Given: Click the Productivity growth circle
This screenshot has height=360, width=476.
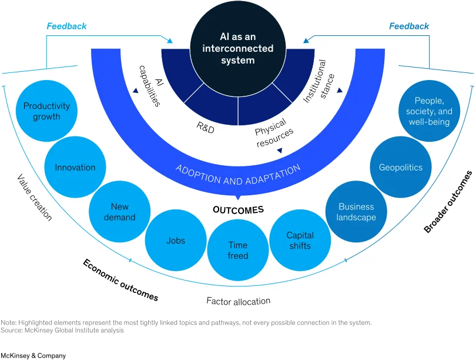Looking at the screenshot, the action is pyautogui.click(x=46, y=111).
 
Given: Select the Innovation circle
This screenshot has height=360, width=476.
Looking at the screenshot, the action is pyautogui.click(x=75, y=167).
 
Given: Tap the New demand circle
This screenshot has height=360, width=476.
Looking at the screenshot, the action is pyautogui.click(x=120, y=212).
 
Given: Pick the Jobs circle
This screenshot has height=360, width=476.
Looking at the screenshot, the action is pyautogui.click(x=176, y=241).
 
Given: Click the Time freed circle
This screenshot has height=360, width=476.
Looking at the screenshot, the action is pyautogui.click(x=238, y=251).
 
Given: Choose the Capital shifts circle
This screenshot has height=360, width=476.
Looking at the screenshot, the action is pyautogui.click(x=300, y=241).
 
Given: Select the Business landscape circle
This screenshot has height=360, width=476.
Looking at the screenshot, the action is pyautogui.click(x=356, y=212).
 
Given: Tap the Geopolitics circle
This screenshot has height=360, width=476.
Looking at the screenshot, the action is pyautogui.click(x=401, y=167).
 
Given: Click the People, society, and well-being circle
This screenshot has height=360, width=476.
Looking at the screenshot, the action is pyautogui.click(x=429, y=111).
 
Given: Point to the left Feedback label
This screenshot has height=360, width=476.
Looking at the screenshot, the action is pyautogui.click(x=66, y=26).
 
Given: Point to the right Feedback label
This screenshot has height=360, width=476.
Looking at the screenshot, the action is pyautogui.click(x=409, y=26).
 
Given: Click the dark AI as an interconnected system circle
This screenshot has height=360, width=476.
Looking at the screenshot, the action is pyautogui.click(x=238, y=49).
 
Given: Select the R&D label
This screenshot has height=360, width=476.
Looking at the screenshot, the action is pyautogui.click(x=206, y=128).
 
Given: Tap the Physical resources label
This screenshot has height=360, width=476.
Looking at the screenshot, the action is pyautogui.click(x=274, y=132).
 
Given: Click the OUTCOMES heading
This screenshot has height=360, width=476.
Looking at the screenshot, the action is pyautogui.click(x=239, y=209).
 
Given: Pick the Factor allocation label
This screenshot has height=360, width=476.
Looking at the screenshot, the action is pyautogui.click(x=239, y=301).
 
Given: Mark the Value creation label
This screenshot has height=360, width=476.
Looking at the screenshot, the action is pyautogui.click(x=35, y=197).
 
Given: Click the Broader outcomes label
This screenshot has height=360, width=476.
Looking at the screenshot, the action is pyautogui.click(x=448, y=202).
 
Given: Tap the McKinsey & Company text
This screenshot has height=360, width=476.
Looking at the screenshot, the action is pyautogui.click(x=33, y=355).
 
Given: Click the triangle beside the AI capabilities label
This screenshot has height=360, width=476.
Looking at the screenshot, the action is pyautogui.click(x=135, y=91).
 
